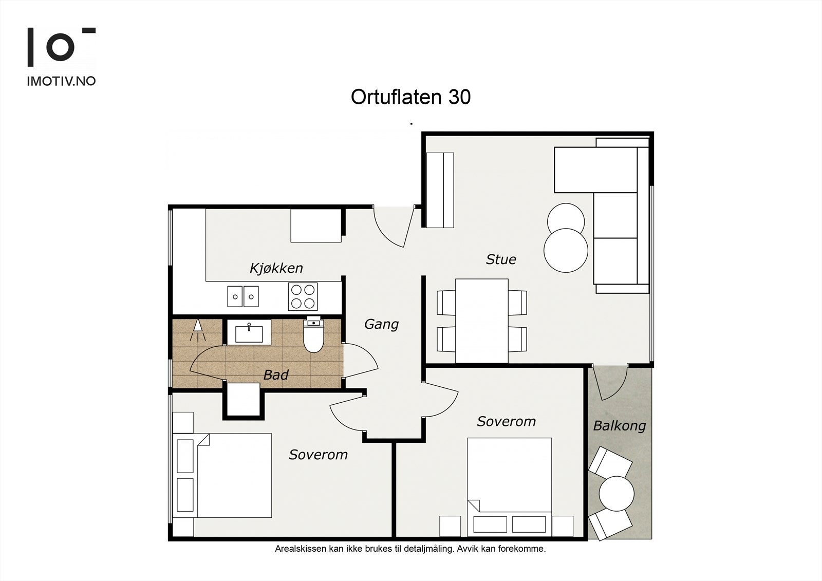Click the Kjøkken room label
coord(276,268)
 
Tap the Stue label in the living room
coord(500,259)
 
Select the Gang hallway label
coord(381,324)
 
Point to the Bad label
coord(275,375)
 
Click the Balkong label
coord(619,425)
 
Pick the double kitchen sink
coord(243,296)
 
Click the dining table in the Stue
coord(481,321)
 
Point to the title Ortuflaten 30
coord(410,97)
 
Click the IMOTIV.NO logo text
coord(61,81)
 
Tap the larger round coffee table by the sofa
coord(566,250)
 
